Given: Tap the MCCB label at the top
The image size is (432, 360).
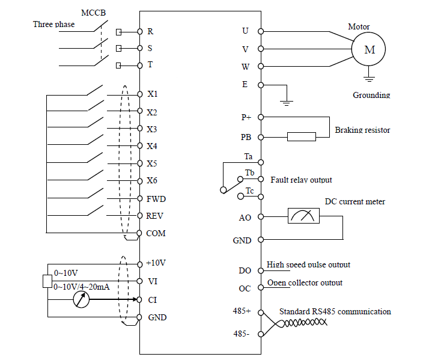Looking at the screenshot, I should pyautogui.click(x=93, y=12).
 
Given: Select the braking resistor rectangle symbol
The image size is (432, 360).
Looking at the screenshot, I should pyautogui.click(x=301, y=136).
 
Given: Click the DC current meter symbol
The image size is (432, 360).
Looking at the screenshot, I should pyautogui.click(x=304, y=217).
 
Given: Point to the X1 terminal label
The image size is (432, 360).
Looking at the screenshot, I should pyautogui.click(x=152, y=94).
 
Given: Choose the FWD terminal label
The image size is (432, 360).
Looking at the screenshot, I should pyautogui.click(x=156, y=198).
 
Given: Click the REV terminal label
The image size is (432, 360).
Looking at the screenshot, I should pyautogui.click(x=155, y=216).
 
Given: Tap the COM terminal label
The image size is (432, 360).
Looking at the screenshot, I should pyautogui.click(x=156, y=233).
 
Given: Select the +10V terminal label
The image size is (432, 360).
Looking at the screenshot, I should pyautogui.click(x=156, y=263).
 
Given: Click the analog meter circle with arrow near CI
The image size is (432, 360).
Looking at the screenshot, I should pyautogui.click(x=81, y=299).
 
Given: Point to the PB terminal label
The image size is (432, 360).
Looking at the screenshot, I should pyautogui.click(x=245, y=137).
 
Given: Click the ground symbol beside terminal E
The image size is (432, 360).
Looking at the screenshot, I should pyautogui.click(x=287, y=102).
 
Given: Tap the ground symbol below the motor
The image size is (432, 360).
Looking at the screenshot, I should pyautogui.click(x=370, y=77).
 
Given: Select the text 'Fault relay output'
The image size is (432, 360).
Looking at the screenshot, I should pyautogui.click(x=301, y=180).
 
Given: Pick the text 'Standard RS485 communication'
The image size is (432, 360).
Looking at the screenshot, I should pyautogui.click(x=335, y=311).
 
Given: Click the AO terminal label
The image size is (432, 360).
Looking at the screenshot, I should pyautogui.click(x=245, y=218).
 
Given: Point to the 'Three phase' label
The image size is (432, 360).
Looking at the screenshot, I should pyautogui.click(x=54, y=24).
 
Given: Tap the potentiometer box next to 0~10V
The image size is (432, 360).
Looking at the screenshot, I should pyautogui.click(x=47, y=281).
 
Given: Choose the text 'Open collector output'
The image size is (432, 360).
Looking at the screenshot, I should pyautogui.click(x=305, y=282).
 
